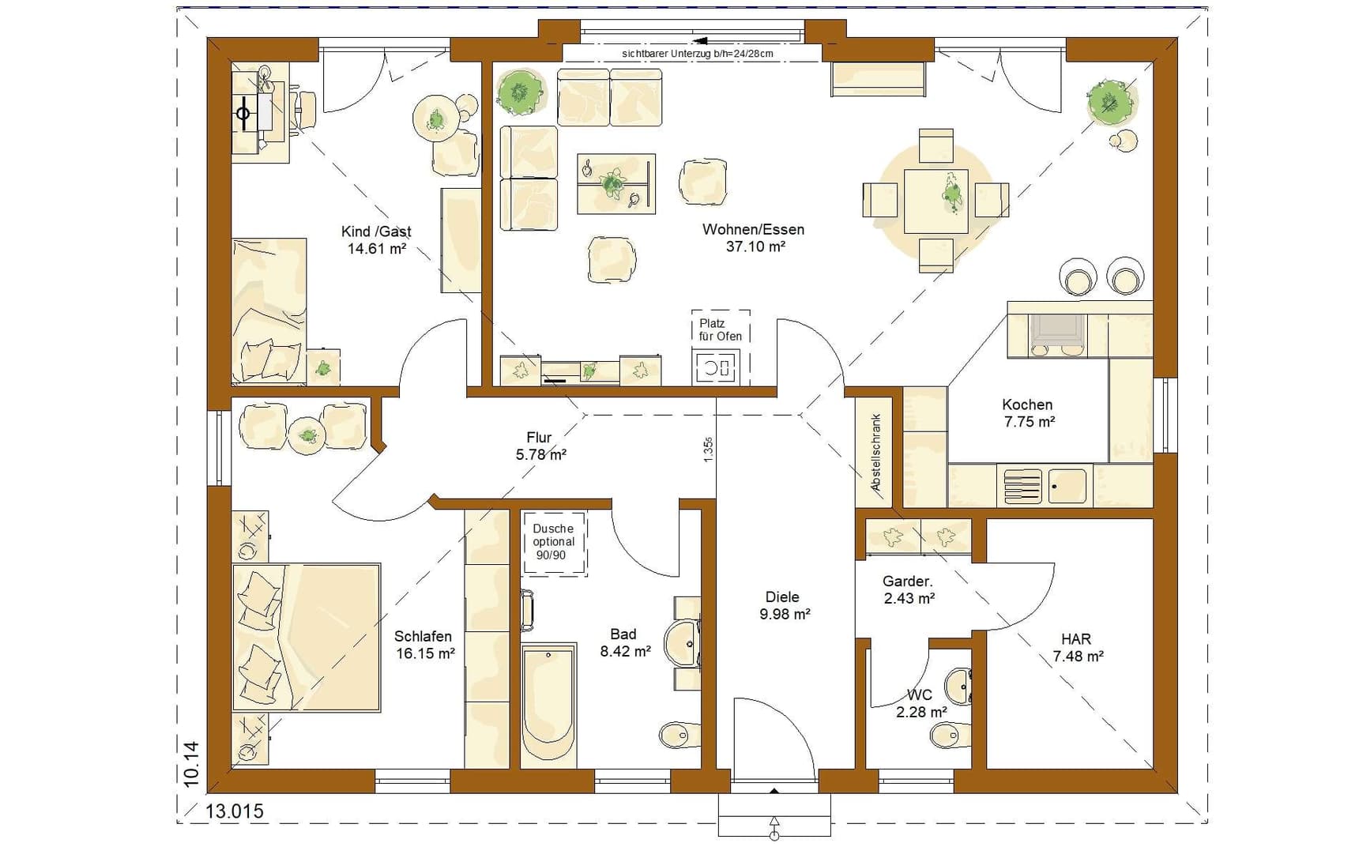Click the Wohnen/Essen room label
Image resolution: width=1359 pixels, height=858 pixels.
point(753,230)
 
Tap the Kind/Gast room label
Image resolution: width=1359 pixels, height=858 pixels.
point(376,231)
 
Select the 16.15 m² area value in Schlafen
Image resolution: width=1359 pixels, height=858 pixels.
point(425,653)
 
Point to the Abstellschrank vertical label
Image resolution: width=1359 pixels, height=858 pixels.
point(876,453)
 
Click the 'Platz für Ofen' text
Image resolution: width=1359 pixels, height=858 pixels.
point(721,329)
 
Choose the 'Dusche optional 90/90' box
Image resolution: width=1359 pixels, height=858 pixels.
point(553,542)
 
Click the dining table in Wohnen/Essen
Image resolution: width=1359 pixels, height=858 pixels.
point(935,201)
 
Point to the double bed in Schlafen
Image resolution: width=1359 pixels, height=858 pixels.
point(306,637)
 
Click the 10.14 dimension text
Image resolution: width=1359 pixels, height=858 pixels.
point(191,764)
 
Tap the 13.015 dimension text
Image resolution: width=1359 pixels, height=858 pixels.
point(235,811)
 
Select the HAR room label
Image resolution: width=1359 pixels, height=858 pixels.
point(1076,639)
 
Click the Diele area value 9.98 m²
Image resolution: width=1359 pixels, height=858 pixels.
point(785,614)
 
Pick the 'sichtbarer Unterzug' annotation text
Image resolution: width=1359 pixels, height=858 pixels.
point(698,54)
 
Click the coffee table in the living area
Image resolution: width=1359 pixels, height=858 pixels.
point(616,184)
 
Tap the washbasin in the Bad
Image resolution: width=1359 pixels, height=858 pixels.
point(680,644)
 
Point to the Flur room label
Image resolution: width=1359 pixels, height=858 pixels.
point(539,438)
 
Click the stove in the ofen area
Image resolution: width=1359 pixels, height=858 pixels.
point(715,367)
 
